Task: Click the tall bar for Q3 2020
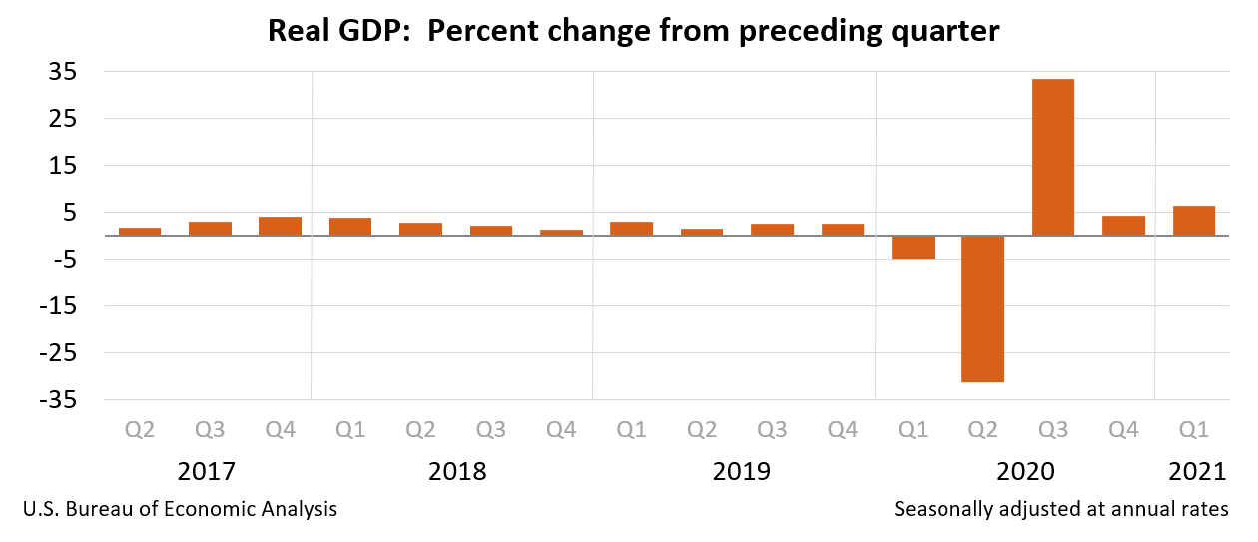1052,157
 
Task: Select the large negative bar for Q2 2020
982,308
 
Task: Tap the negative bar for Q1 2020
913,247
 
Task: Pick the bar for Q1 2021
1193,221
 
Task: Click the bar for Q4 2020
1123,226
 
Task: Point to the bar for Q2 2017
140,232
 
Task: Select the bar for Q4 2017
280,226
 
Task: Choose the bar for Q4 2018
561,233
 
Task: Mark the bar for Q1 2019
631,229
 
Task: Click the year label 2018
456,471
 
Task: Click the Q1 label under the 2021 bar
1193,430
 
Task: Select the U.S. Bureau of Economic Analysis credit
180,509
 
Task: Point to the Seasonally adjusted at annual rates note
1060,509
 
